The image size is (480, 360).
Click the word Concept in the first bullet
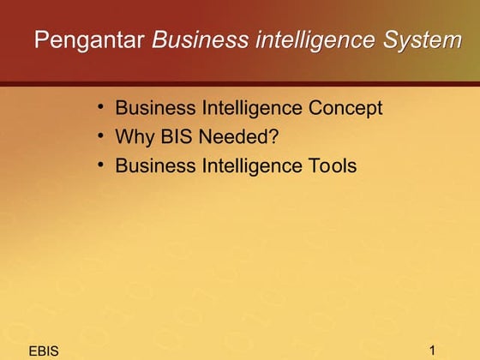click(345, 109)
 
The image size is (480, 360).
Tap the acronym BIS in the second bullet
click(174, 137)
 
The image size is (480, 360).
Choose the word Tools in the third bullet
click(332, 165)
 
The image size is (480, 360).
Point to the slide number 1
click(433, 350)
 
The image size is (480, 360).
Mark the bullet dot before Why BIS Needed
click(101, 135)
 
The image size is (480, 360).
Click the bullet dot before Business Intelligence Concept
click(101, 107)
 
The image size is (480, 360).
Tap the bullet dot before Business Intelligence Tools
click(101, 164)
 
